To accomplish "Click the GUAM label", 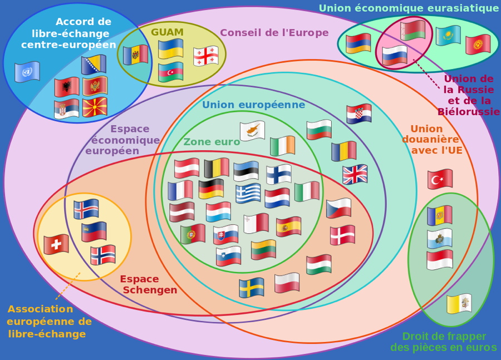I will pyautogui.click(x=167, y=32).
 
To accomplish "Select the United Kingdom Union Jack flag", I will pyautogui.click(x=355, y=174).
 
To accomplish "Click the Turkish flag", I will pyautogui.click(x=440, y=179).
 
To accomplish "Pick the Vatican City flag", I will pyautogui.click(x=459, y=304).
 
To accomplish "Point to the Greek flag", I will pyautogui.click(x=248, y=194).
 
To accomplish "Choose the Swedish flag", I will pyautogui.click(x=252, y=288).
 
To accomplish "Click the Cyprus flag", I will pyautogui.click(x=252, y=131).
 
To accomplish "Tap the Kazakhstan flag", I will pyautogui.click(x=448, y=36).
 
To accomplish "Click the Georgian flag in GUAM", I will pyautogui.click(x=205, y=57).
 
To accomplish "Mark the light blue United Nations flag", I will pyautogui.click(x=27, y=72).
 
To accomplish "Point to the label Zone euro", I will pyautogui.click(x=212, y=142).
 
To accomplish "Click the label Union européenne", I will pyautogui.click(x=253, y=105).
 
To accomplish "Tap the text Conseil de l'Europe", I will pyautogui.click(x=274, y=32).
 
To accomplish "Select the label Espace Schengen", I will pyautogui.click(x=149, y=284).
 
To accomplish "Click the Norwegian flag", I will pyautogui.click(x=103, y=255).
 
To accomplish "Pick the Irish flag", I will pyautogui.click(x=282, y=146).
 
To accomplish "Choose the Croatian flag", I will pyautogui.click(x=358, y=114).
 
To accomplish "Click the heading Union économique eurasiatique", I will pyautogui.click(x=409, y=8).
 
